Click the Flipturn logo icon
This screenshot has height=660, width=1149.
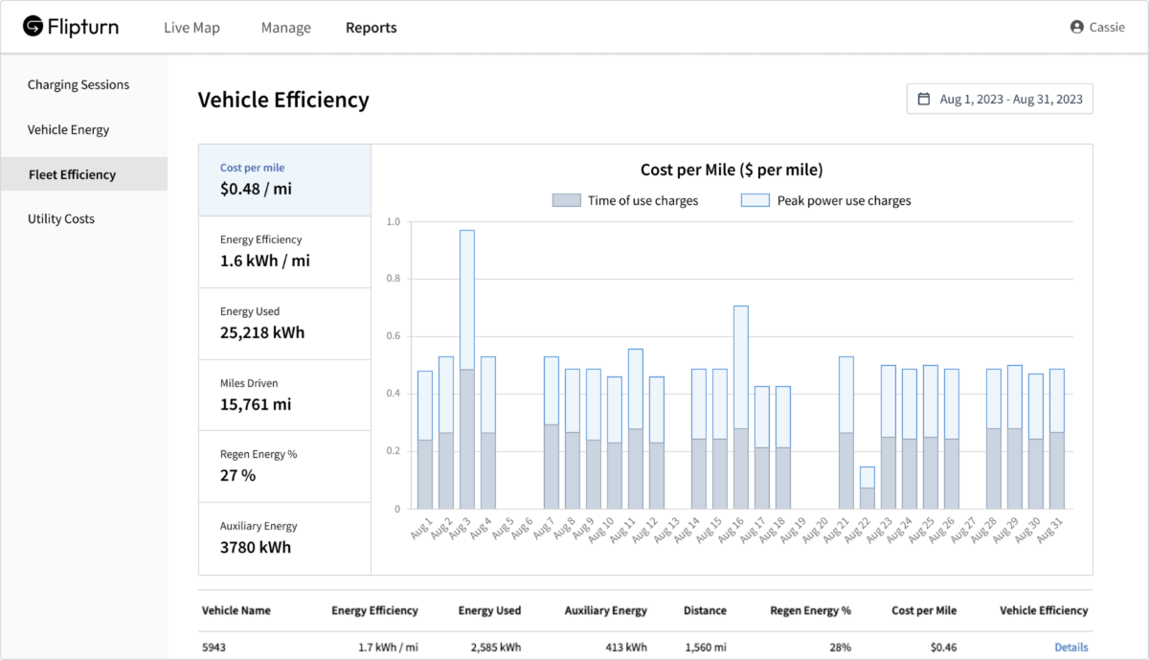33,26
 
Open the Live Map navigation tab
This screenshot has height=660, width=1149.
191,27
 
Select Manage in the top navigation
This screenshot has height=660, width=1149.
285,27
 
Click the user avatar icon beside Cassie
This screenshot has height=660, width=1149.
1076,27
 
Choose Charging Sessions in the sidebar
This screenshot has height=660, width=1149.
79,84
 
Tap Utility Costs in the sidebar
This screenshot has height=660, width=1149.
61,218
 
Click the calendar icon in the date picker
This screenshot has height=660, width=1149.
923,99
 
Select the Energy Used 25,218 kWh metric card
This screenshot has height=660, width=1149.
284,324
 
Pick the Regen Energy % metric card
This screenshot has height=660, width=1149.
284,467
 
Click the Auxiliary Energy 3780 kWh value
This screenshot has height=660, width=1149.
256,547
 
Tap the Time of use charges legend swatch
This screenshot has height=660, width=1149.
566,200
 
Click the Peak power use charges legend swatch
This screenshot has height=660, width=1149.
755,200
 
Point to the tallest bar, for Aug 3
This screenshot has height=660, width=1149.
467,370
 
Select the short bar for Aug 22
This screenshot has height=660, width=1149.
867,489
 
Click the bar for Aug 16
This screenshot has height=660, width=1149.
741,407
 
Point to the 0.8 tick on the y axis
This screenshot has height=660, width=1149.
393,278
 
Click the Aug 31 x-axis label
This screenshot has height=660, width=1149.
1049,530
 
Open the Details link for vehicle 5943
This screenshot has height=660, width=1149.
1071,647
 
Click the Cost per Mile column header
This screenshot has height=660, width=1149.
924,610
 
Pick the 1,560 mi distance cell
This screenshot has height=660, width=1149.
706,647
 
